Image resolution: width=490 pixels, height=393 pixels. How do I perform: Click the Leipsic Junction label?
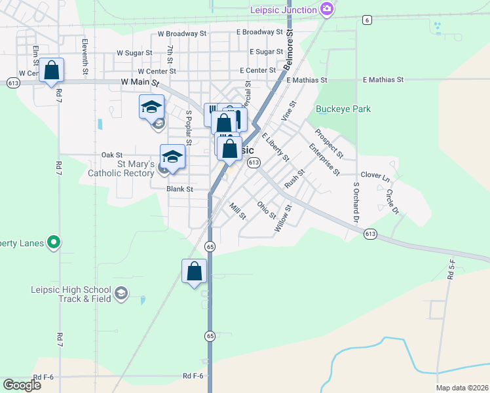tap(283, 9)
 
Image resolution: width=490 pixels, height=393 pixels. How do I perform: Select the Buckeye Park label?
tap(343, 109)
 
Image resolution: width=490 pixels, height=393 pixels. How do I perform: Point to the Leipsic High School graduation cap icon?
tap(121, 293)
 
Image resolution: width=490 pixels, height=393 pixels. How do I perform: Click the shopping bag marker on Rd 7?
tap(51, 70)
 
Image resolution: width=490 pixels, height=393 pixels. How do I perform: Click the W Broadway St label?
tap(182, 33)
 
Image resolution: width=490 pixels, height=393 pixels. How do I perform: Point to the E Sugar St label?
tap(266, 52)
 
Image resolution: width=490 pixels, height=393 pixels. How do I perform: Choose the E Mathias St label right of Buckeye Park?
tap(383, 80)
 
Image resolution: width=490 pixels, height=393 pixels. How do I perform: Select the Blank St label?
tap(179, 189)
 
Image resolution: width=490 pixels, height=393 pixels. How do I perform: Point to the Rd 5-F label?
tap(451, 269)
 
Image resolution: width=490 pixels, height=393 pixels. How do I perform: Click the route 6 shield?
tap(367, 20)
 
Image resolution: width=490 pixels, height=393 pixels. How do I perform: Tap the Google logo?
tap(22, 385)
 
